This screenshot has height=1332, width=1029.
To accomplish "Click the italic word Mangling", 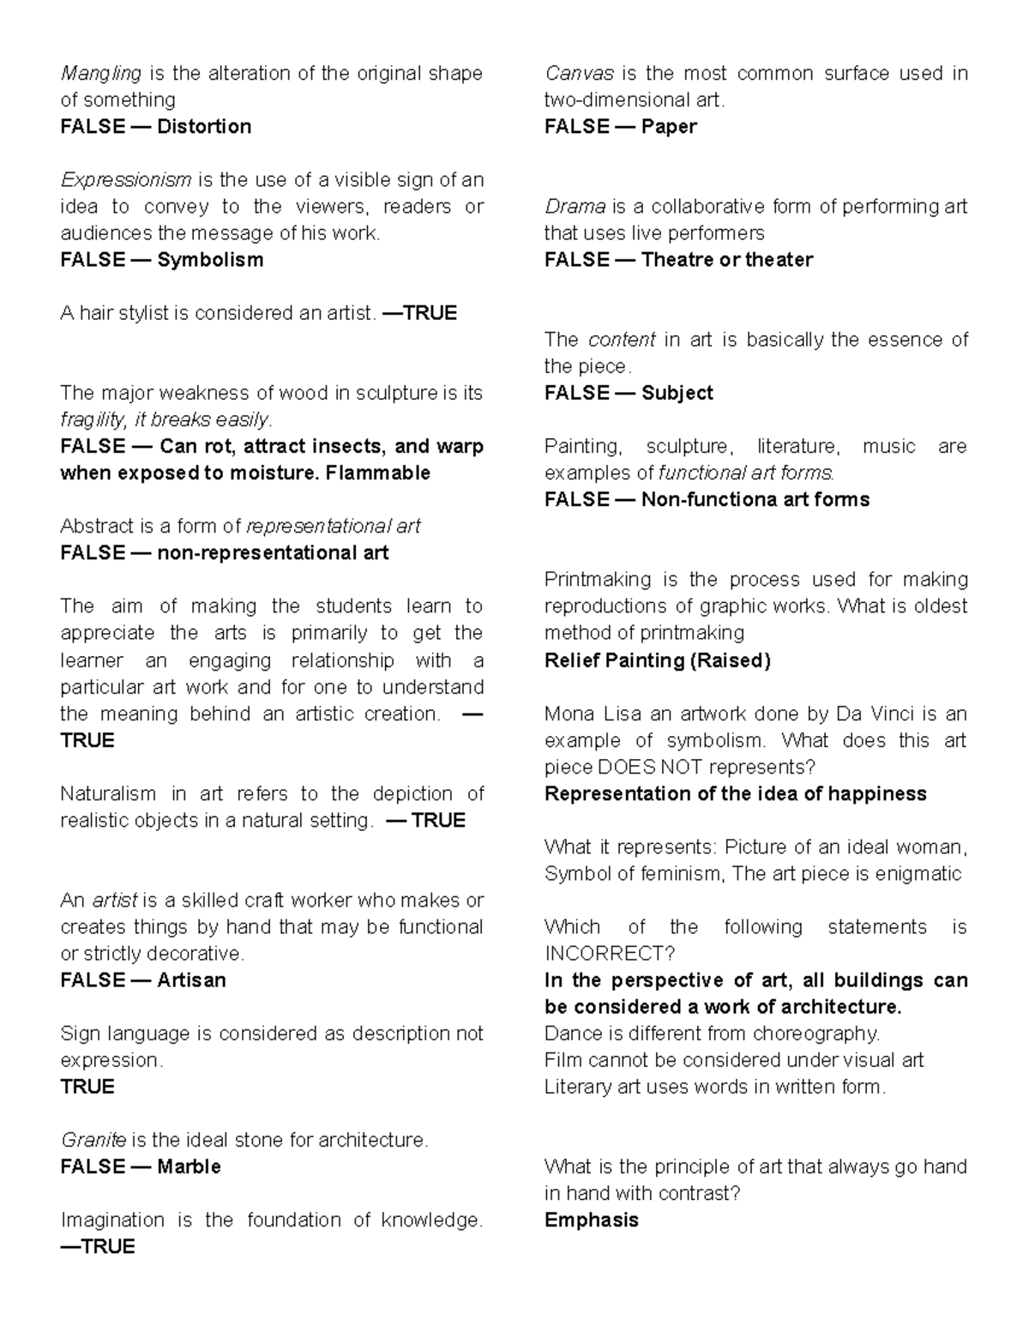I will point(100,74).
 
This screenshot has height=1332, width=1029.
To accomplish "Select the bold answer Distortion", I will point(204,127).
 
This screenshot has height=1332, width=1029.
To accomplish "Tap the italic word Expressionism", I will point(126,180).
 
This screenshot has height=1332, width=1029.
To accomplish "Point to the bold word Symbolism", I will point(210,260).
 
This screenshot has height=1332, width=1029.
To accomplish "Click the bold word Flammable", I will point(378,473).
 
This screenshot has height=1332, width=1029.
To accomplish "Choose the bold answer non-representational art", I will point(273,553).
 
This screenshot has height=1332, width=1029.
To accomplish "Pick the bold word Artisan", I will point(191,980).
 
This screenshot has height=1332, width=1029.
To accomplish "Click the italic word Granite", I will point(93,1141).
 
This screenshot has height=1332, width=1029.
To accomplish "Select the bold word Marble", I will point(189,1167).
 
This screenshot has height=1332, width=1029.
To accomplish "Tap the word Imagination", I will point(112,1220).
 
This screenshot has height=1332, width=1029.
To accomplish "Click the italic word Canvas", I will point(579,74).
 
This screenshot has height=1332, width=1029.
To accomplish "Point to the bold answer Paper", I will point(669,127).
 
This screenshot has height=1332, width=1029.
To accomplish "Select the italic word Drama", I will point(575,207).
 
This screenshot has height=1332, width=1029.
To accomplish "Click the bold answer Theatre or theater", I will point(726,260).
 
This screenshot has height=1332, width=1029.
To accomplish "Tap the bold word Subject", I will point(677,394).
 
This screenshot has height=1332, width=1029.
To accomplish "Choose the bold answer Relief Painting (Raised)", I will point(658,660).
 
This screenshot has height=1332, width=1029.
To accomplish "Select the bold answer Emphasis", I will point(592,1220).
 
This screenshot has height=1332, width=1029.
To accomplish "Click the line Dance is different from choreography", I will point(712,1034).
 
